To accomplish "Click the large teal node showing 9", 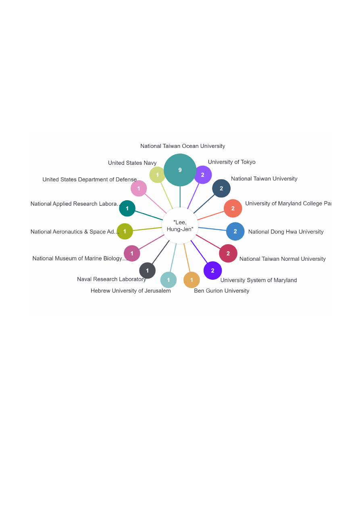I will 180,170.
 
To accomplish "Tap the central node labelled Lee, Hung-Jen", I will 180,226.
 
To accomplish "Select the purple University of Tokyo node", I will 203,175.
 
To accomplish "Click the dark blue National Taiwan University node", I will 221,188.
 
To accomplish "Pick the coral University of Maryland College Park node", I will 233,208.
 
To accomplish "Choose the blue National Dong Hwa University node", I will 235,231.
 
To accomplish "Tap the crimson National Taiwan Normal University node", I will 228,253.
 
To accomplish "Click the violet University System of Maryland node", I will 213,270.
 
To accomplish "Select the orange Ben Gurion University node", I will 191,280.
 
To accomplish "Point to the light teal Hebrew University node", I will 169,280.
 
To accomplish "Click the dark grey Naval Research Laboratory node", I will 148,270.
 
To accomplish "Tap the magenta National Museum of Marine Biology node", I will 132,253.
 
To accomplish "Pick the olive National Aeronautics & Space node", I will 125,231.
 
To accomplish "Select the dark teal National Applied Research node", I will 127,208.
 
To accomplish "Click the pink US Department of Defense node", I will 139,188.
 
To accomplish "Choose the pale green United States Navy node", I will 157,175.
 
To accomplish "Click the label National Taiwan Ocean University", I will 183,146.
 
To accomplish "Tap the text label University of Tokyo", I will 232,162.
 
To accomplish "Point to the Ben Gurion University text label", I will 222,291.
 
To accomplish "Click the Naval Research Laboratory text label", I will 112,279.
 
